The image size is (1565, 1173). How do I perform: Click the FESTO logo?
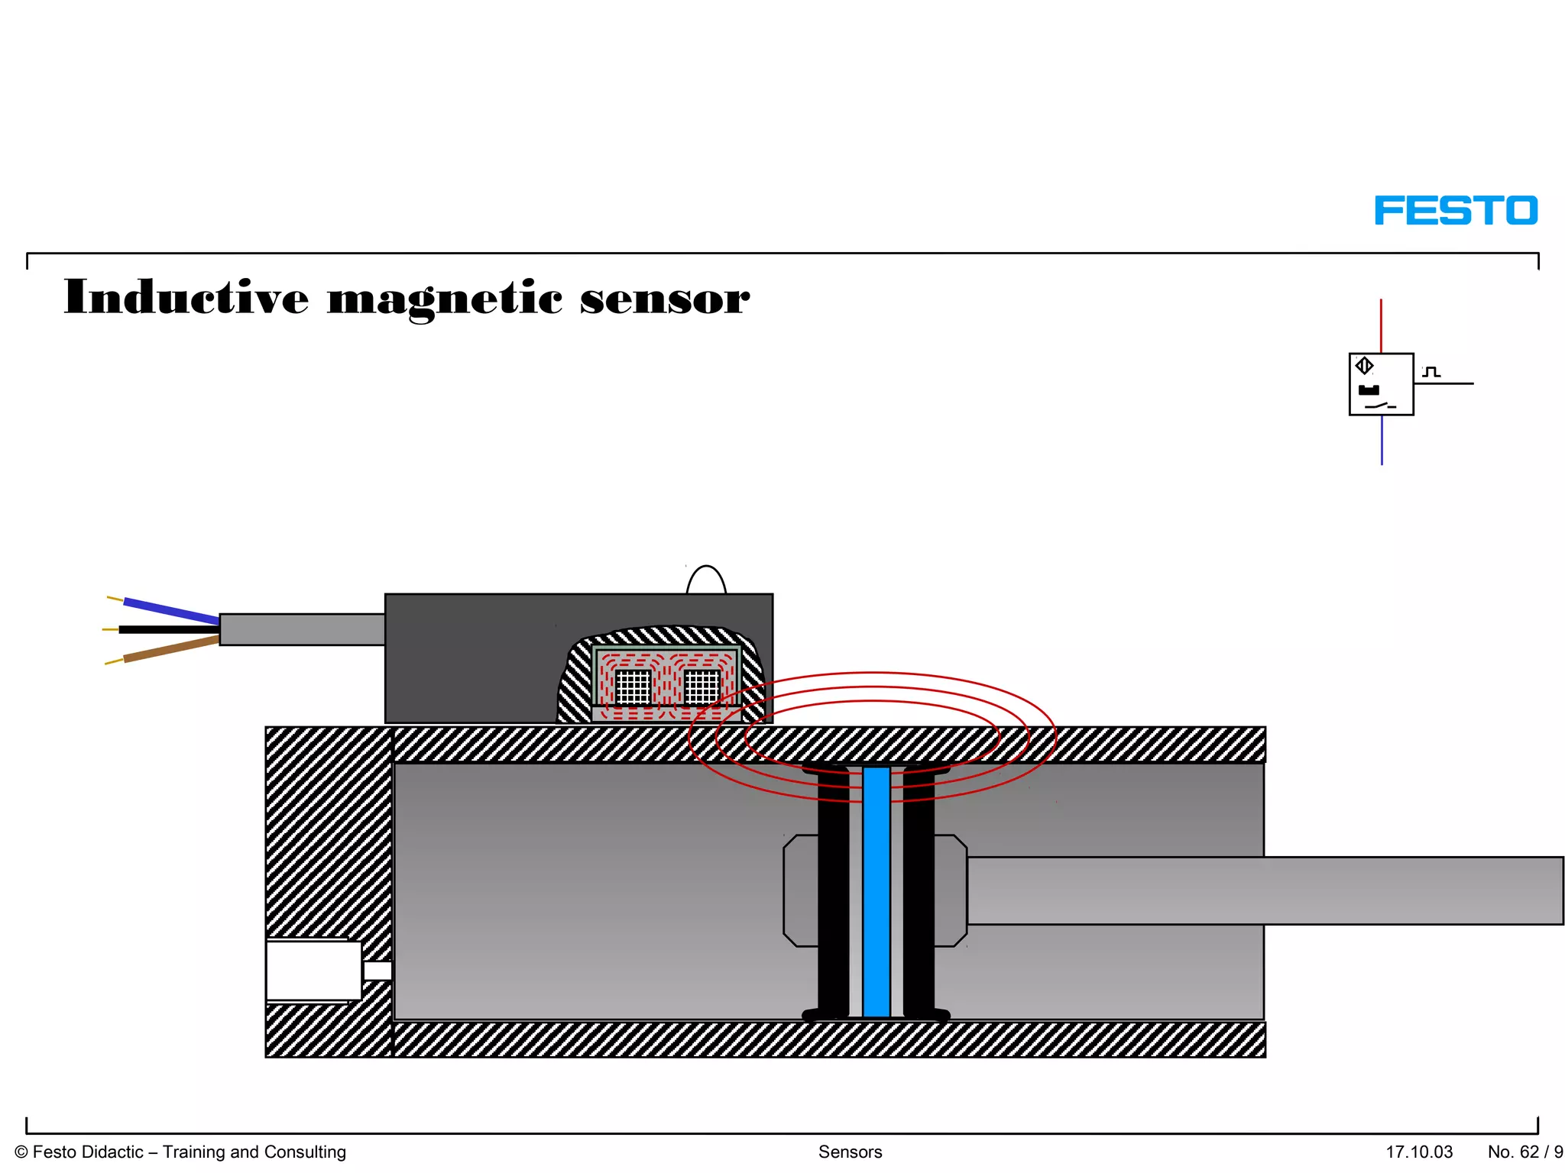[x=1456, y=211]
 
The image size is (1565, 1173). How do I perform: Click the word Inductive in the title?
[x=186, y=297]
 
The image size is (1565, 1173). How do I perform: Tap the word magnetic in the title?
[x=445, y=299]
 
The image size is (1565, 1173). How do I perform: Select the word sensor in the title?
[x=664, y=299]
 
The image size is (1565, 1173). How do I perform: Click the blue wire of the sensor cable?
[x=171, y=609]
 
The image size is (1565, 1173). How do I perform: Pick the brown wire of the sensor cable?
[x=171, y=648]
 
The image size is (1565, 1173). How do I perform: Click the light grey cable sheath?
[x=302, y=629]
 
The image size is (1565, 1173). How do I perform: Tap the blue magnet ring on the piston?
[x=876, y=891]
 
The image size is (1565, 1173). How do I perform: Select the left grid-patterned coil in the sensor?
[x=633, y=686]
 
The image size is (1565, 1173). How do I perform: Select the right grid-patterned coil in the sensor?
[x=701, y=686]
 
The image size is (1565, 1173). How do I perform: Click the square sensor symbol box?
[x=1381, y=384]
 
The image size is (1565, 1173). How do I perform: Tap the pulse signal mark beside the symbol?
[x=1431, y=372]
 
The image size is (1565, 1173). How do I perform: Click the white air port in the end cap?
[x=313, y=970]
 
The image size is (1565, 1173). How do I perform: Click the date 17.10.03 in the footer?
[x=1419, y=1152]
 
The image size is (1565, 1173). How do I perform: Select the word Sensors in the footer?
[x=850, y=1152]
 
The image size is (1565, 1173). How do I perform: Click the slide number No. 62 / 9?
[x=1524, y=1152]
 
